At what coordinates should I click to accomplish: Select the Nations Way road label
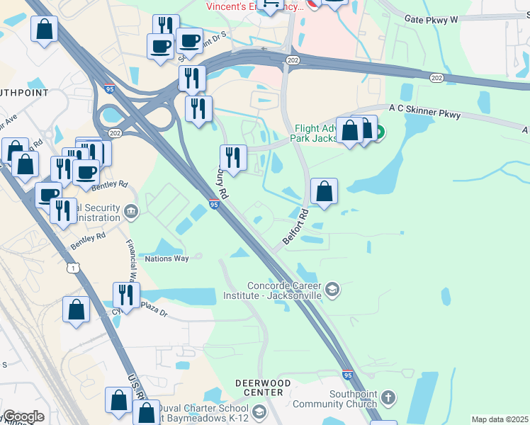click(x=167, y=259)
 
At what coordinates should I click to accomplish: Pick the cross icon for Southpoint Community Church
click(x=387, y=397)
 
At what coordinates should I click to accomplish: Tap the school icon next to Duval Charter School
click(x=258, y=412)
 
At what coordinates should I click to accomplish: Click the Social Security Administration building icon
click(x=131, y=211)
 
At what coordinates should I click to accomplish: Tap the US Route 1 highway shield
click(x=73, y=268)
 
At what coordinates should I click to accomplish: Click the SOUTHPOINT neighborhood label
click(x=24, y=93)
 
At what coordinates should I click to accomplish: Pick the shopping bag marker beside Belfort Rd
click(x=324, y=191)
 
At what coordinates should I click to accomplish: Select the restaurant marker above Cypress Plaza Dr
click(x=126, y=295)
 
